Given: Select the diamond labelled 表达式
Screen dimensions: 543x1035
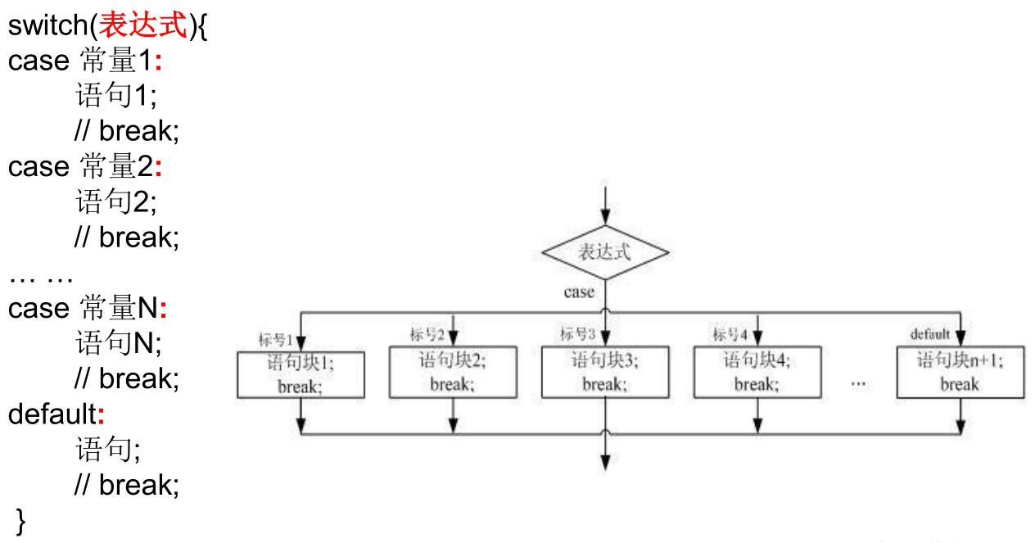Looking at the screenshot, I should coord(605,251).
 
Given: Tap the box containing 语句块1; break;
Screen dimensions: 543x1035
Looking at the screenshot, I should coord(301,375).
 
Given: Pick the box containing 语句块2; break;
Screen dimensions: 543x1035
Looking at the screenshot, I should coord(453,372).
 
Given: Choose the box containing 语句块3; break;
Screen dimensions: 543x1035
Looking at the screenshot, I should coord(605,372).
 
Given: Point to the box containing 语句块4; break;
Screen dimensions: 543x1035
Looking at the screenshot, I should coord(757,372).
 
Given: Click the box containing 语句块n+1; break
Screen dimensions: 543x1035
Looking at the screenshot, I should coord(960,372).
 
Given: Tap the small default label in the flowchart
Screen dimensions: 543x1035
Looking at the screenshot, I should coord(930,334).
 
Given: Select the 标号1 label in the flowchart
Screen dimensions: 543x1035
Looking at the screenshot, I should coord(275,340).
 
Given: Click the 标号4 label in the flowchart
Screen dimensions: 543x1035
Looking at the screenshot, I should coord(730,334).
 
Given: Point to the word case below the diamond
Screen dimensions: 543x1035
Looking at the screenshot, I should coord(579,292).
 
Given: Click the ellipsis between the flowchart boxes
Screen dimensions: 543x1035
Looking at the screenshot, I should coord(859,382).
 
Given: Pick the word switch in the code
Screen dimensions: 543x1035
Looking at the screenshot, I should coord(47,25).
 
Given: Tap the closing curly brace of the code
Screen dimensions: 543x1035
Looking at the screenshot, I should coord(21,521).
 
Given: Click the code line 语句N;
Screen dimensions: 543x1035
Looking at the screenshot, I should coord(119,343).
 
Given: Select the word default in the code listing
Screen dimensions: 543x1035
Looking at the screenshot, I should coord(52,414).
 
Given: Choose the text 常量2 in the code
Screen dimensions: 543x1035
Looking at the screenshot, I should coord(115,167).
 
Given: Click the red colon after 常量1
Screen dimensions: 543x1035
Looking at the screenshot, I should coord(159,62).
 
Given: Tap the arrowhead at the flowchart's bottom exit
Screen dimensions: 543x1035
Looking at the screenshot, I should coord(605,463).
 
